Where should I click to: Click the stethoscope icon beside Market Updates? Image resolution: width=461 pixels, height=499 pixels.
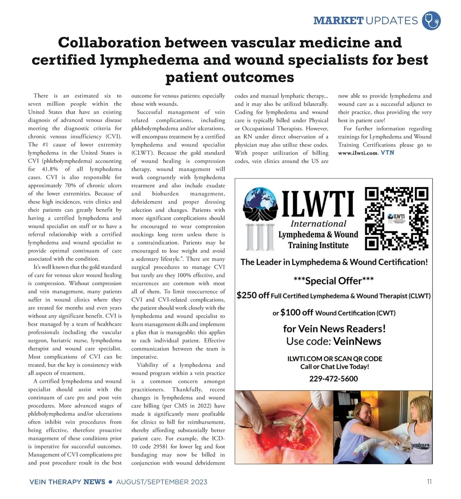(x=431, y=20)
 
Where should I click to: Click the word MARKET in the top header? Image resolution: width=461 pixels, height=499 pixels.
(x=338, y=20)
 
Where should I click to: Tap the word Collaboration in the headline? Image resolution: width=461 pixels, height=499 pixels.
(x=109, y=42)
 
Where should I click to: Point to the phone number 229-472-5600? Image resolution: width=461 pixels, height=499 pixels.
(x=333, y=379)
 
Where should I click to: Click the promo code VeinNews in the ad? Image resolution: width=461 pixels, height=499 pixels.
(x=357, y=341)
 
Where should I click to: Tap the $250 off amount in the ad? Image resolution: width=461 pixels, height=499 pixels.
(x=253, y=295)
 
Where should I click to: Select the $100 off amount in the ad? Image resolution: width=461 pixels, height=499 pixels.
(x=297, y=312)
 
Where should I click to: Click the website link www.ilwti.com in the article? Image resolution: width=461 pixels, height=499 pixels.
(x=358, y=153)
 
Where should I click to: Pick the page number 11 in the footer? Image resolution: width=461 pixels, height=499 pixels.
(x=429, y=482)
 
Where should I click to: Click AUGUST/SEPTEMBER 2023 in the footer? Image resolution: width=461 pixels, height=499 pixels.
(x=161, y=482)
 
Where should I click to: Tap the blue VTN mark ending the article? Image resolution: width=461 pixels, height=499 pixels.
(x=388, y=153)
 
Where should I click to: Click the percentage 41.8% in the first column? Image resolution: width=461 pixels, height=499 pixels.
(x=50, y=169)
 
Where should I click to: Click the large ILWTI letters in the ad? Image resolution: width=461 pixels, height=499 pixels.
(x=318, y=204)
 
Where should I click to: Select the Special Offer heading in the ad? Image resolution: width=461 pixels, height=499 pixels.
(x=333, y=281)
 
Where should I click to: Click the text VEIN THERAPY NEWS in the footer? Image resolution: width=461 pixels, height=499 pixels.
(x=67, y=482)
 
